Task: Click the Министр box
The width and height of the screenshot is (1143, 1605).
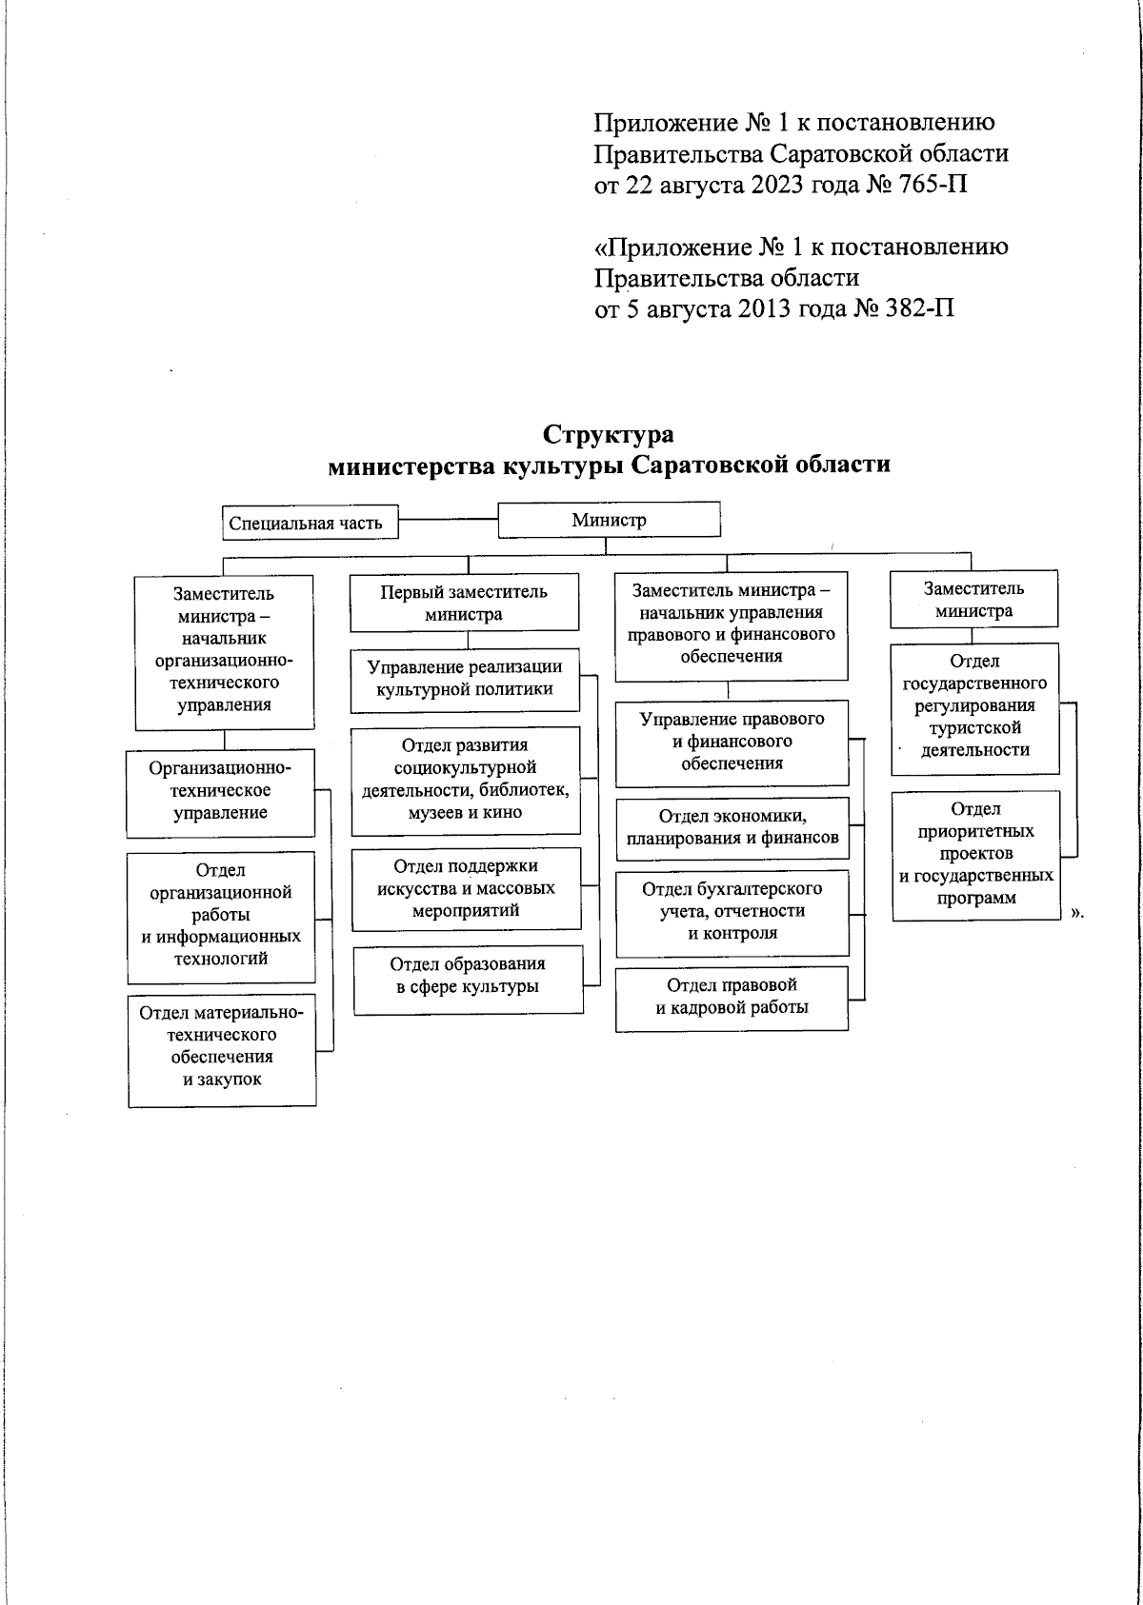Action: tap(609, 520)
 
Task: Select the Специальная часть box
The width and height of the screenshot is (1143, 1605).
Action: tap(306, 523)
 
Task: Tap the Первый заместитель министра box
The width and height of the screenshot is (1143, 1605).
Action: tap(464, 603)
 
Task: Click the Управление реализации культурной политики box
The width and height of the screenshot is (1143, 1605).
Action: tap(465, 679)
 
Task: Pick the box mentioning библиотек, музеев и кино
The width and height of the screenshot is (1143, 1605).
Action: tap(465, 780)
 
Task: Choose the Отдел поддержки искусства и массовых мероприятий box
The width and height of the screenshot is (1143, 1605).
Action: tap(466, 888)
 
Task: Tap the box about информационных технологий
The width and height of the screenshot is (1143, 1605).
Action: tap(221, 915)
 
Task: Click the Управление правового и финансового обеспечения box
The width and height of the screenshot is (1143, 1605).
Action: tap(732, 742)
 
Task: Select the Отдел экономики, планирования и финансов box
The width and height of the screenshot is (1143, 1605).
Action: tap(732, 827)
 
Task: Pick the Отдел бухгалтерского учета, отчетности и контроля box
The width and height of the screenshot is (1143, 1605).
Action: tap(732, 911)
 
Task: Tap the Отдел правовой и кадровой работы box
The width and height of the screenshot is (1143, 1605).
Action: tap(732, 997)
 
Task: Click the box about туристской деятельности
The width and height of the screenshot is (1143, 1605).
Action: tap(974, 705)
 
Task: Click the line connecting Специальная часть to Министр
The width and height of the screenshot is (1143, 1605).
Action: tap(448, 520)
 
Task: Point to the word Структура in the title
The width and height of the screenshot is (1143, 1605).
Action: tap(608, 435)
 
